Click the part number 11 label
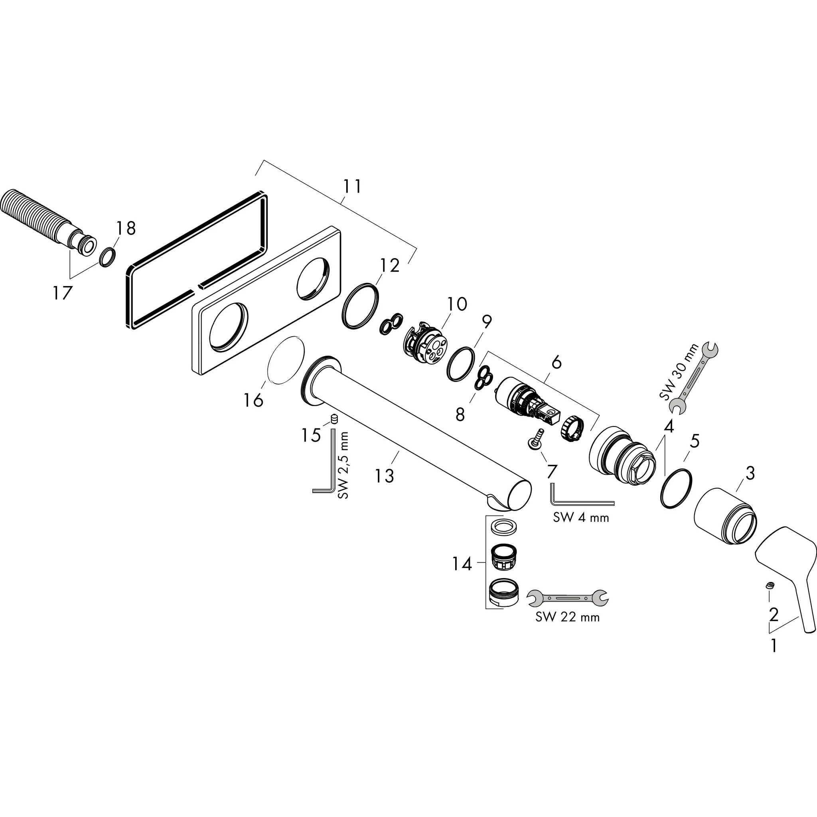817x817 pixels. [x=352, y=186]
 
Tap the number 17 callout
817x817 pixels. [x=63, y=293]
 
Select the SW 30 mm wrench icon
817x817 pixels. [x=693, y=377]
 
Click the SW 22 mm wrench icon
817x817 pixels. [x=568, y=597]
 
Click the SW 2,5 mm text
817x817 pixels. [x=343, y=465]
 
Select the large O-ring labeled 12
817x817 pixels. [x=360, y=305]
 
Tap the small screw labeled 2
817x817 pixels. [x=770, y=585]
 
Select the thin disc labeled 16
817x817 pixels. [x=286, y=360]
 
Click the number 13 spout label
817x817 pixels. [x=385, y=475]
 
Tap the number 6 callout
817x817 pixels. [x=557, y=362]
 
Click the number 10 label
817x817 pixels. [x=457, y=304]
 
